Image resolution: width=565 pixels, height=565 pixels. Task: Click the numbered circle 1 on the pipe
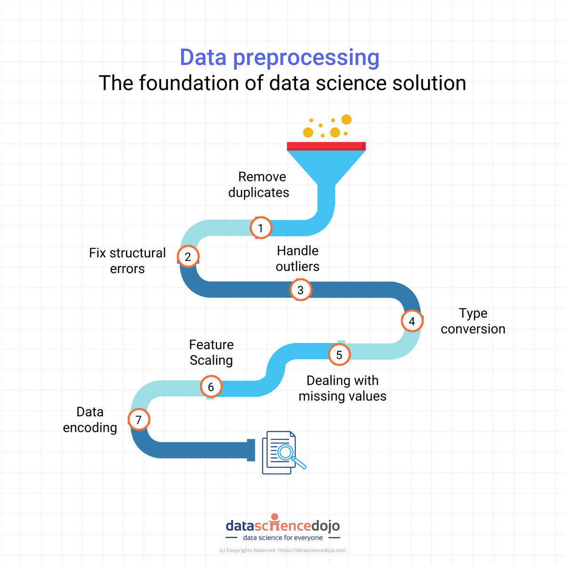click(x=260, y=228)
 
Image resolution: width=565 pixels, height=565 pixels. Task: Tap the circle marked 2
click(x=188, y=256)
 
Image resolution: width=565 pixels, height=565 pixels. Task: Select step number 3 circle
click(x=300, y=290)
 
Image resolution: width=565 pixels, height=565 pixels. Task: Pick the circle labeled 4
click(x=412, y=321)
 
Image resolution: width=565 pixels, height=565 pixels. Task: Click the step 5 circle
click(x=339, y=355)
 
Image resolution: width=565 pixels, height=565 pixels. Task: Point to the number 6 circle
click(x=211, y=387)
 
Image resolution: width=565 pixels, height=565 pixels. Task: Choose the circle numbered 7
click(x=138, y=420)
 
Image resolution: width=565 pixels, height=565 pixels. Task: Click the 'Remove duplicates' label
click(x=259, y=185)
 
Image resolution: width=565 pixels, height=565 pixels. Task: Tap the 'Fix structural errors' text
click(x=128, y=261)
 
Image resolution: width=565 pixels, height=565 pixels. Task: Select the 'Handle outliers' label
click(x=298, y=258)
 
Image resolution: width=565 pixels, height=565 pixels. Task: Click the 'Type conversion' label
click(x=473, y=321)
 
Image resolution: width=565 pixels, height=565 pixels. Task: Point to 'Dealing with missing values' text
click(x=342, y=388)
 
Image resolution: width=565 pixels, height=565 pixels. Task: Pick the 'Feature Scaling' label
click(x=211, y=352)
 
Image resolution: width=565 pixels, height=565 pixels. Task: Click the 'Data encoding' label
click(x=90, y=420)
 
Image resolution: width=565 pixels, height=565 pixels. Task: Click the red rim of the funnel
click(x=326, y=146)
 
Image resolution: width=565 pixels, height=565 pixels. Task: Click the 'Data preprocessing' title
click(x=280, y=57)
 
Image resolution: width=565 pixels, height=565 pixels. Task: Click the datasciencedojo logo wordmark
click(x=282, y=525)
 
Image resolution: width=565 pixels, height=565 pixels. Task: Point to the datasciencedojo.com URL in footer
click(x=312, y=550)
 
